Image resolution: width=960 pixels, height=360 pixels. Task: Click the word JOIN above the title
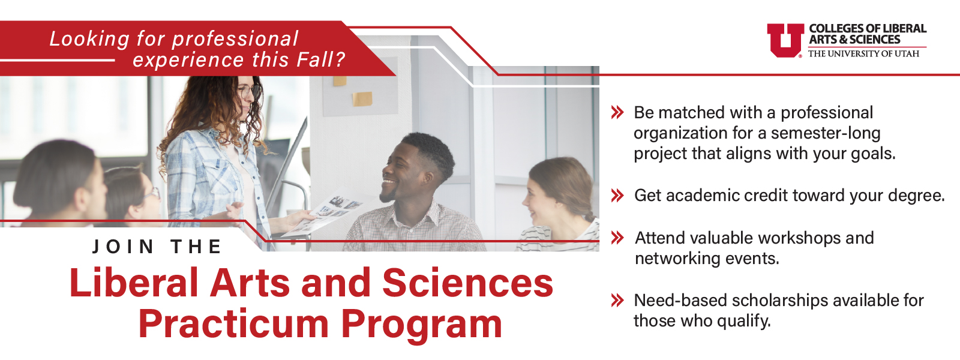(x=123, y=247)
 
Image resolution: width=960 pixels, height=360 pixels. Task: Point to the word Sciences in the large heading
(x=467, y=283)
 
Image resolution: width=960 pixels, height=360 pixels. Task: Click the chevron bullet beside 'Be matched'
(x=617, y=113)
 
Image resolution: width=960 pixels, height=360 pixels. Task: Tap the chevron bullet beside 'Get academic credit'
(x=617, y=196)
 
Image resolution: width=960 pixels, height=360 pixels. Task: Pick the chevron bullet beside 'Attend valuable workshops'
(x=617, y=238)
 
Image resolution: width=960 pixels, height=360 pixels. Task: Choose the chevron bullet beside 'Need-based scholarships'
(x=617, y=301)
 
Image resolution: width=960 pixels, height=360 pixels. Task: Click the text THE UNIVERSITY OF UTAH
(x=863, y=53)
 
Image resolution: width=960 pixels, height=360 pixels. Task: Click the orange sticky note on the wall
(x=362, y=99)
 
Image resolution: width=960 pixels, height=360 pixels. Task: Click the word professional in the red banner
(x=235, y=39)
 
